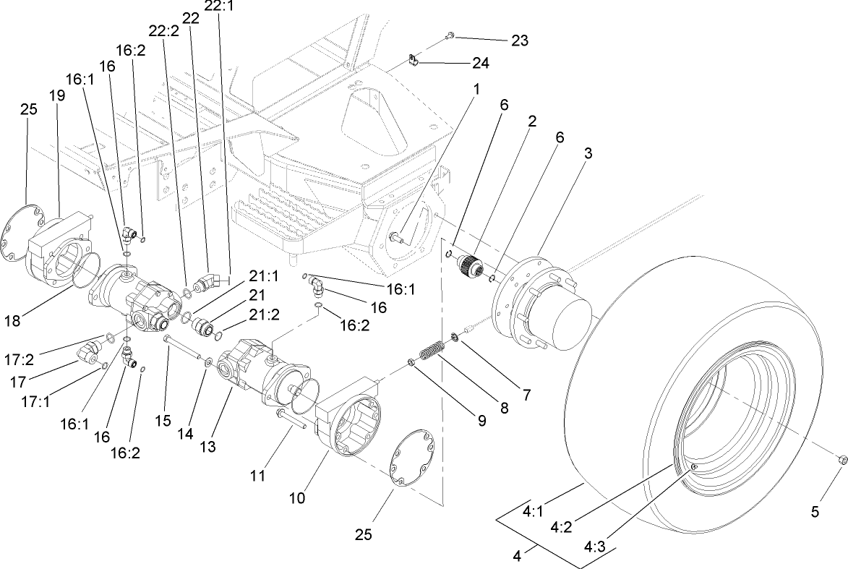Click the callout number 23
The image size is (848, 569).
519,40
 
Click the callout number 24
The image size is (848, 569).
480,64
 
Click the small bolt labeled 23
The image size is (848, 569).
450,35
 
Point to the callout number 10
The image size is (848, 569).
298,498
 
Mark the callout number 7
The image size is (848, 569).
527,395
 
